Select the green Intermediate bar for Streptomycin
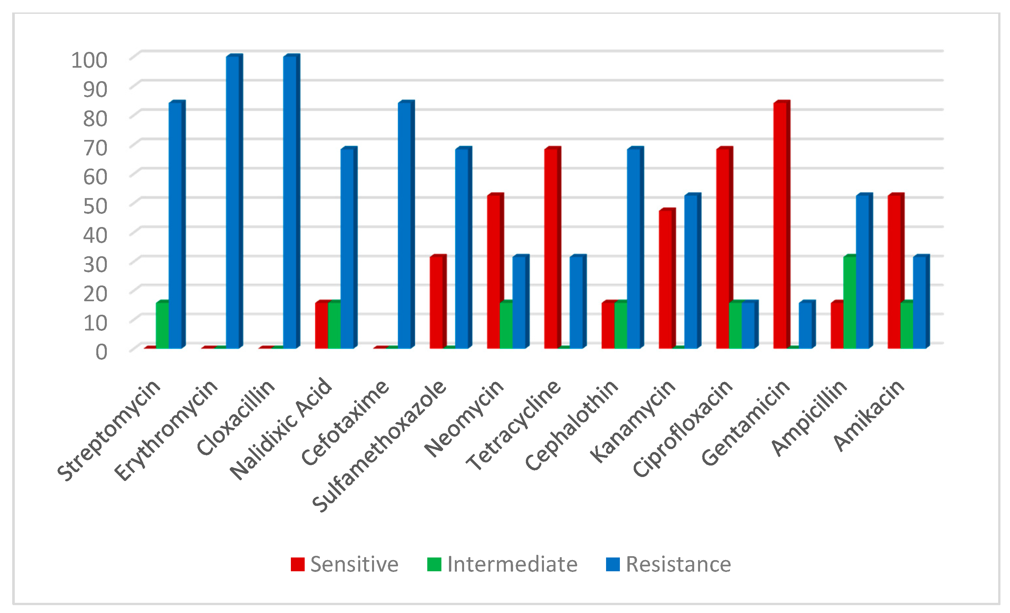coord(162,326)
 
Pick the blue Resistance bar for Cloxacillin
coord(290,203)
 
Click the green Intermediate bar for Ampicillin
coord(849,303)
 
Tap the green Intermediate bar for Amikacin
coord(906,326)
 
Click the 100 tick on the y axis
coord(89,60)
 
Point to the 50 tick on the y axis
coord(95,206)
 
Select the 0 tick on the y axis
coord(101,352)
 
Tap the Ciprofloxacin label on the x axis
coord(683,428)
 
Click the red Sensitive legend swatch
coord(297,564)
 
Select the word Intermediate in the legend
coord(512,564)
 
